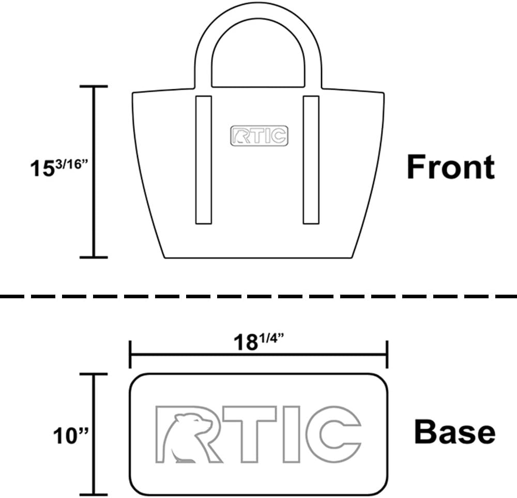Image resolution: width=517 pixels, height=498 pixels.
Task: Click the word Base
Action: (454, 432)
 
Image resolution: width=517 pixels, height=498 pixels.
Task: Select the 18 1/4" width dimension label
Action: (258, 341)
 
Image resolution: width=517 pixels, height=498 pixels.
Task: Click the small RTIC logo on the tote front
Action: (259, 135)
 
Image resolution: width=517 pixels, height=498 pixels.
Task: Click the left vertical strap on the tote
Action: (204, 159)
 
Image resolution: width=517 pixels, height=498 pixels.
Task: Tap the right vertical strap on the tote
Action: (311, 159)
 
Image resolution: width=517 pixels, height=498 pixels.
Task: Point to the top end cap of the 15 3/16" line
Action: (93, 87)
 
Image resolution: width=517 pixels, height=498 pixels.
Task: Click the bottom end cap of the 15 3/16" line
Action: (93, 256)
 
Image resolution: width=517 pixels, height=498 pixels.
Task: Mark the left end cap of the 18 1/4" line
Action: (130, 354)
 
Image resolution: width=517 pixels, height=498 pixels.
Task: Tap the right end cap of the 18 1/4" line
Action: (387, 354)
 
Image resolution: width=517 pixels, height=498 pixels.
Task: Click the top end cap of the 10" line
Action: (93, 375)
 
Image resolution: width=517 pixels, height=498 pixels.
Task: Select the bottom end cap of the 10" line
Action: (93, 494)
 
